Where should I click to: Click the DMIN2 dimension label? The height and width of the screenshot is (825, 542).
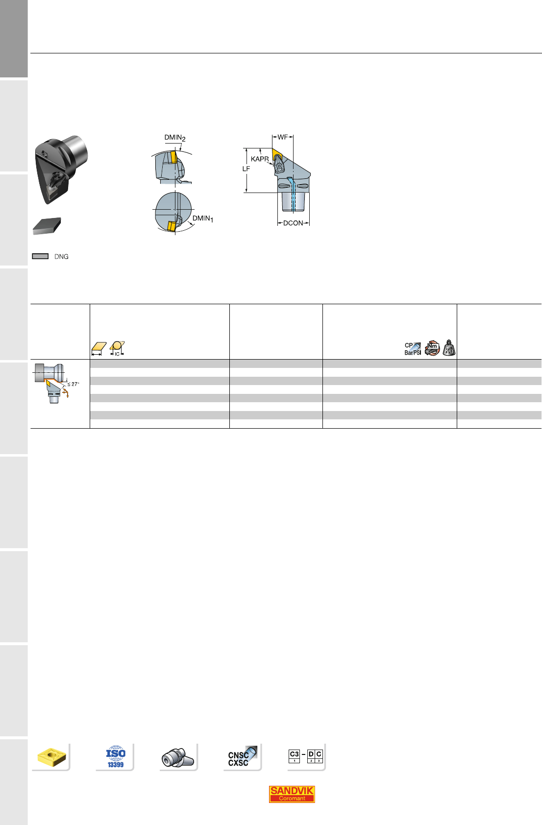click(x=174, y=138)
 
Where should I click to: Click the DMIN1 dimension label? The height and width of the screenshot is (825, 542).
click(x=203, y=218)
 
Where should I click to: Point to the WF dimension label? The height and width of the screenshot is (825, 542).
click(x=283, y=137)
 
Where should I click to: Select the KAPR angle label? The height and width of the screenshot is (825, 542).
click(x=260, y=159)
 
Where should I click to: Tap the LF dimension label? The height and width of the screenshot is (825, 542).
click(x=246, y=169)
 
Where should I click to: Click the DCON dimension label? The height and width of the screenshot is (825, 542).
click(x=293, y=223)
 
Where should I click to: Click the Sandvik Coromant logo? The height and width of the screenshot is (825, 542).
click(x=292, y=794)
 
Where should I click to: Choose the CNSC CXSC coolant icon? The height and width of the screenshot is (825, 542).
click(x=242, y=757)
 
